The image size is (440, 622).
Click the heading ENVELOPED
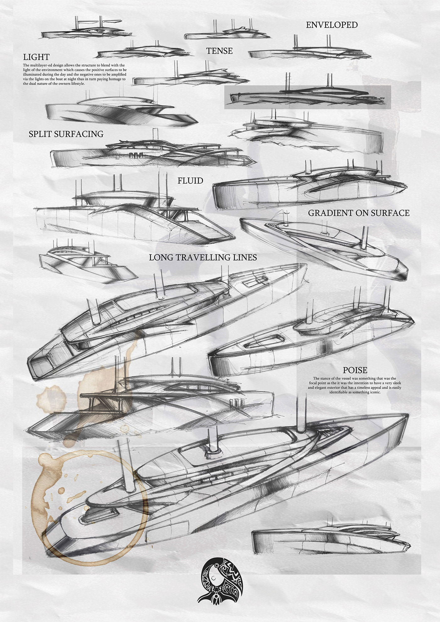(332, 25)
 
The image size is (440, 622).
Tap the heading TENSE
(219, 51)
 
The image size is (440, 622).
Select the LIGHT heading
(36, 57)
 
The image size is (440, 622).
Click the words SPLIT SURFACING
(66, 134)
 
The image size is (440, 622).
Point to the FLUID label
(190, 181)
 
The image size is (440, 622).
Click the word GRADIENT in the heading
(330, 213)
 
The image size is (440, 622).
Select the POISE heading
(355, 370)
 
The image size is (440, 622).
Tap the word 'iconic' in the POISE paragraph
(374, 392)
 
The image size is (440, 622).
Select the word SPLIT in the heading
(41, 134)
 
